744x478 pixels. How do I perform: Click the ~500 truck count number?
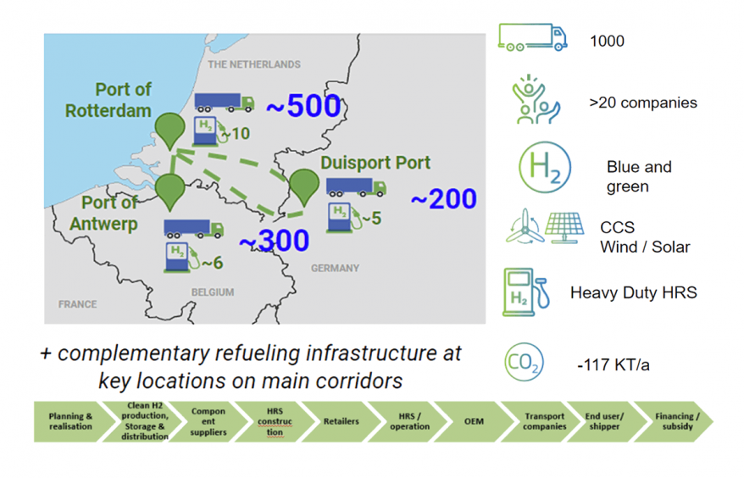click(303, 107)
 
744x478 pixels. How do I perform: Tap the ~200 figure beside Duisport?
click(443, 199)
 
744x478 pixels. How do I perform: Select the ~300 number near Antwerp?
click(274, 242)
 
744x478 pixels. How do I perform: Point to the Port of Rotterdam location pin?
click(170, 128)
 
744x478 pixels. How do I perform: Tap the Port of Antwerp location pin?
click(170, 190)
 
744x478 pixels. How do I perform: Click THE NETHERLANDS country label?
click(254, 64)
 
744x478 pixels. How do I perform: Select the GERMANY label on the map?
click(335, 268)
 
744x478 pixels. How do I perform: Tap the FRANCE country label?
click(77, 303)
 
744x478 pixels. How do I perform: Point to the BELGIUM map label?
click(212, 290)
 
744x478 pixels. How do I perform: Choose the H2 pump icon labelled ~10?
click(206, 131)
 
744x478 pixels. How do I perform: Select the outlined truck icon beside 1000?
click(532, 36)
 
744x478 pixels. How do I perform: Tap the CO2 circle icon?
click(524, 362)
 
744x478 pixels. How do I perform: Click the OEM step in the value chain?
click(474, 420)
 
